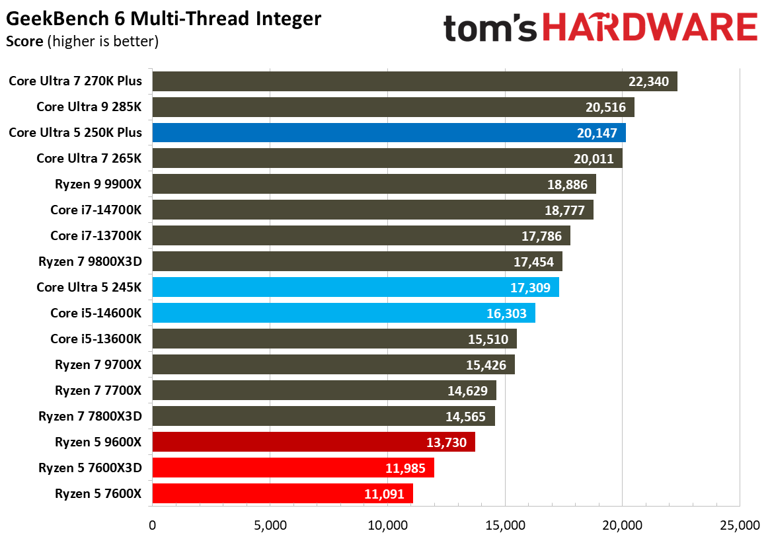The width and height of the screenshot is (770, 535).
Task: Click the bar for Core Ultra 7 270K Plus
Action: pos(414,81)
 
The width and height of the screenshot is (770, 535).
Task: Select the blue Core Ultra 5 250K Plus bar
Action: pos(389,133)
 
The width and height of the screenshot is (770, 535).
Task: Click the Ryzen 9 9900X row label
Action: pos(98,184)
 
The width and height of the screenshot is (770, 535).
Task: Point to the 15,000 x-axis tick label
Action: pos(505,525)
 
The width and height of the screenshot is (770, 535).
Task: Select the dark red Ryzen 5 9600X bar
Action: pos(313,442)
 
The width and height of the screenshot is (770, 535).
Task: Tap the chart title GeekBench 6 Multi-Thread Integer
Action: pos(164,19)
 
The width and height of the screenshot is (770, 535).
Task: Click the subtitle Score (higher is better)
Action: pos(82,42)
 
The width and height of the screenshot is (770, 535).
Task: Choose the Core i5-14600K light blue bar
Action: pos(344,313)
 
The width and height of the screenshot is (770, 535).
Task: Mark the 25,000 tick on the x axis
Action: pos(739,525)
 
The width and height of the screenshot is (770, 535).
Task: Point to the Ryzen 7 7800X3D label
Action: pos(90,416)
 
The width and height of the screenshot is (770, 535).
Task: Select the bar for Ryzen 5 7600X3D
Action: pos(293,468)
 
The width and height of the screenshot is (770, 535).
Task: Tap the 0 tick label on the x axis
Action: pos(153,525)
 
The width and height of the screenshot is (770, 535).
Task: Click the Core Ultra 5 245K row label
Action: pos(89,287)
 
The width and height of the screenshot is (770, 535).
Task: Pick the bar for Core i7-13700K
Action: pos(361,235)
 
